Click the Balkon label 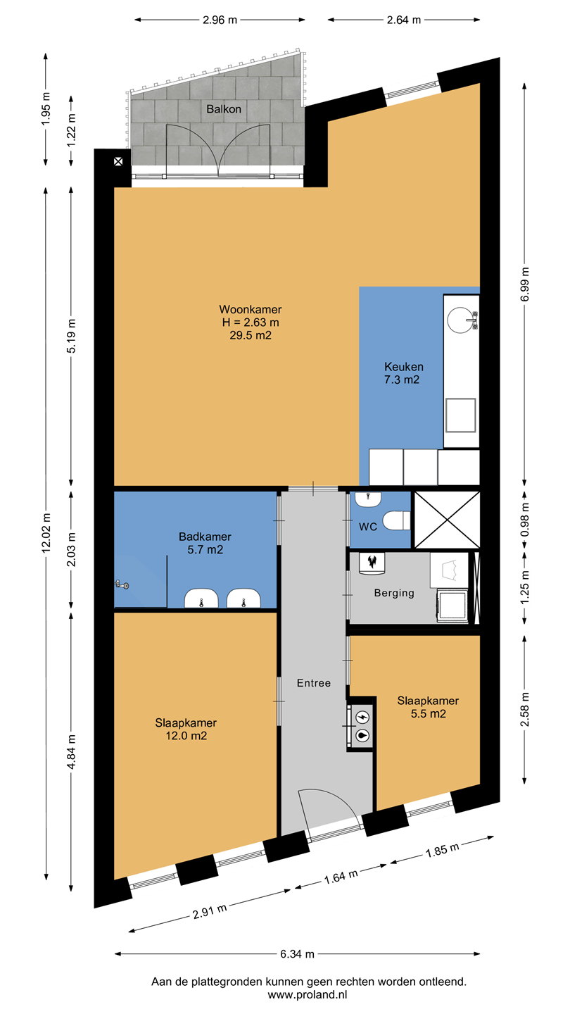coord(224,109)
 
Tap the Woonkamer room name coord(251,310)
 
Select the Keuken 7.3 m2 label coord(403,373)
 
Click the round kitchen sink coord(459,320)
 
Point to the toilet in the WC coord(396,520)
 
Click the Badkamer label coord(205,537)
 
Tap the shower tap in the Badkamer coord(122,585)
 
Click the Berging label coord(394,593)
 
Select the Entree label coord(314,683)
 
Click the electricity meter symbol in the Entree coord(363,717)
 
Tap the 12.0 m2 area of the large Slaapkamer coord(186,736)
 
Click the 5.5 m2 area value coord(428,714)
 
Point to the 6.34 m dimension coord(297,953)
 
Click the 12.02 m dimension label coord(46,533)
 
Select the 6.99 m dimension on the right coord(525,284)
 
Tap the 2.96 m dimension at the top coord(220,20)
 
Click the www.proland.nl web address coord(308,994)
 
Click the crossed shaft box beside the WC coord(447,520)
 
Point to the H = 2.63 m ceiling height coord(251,323)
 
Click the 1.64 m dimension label coord(341,877)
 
